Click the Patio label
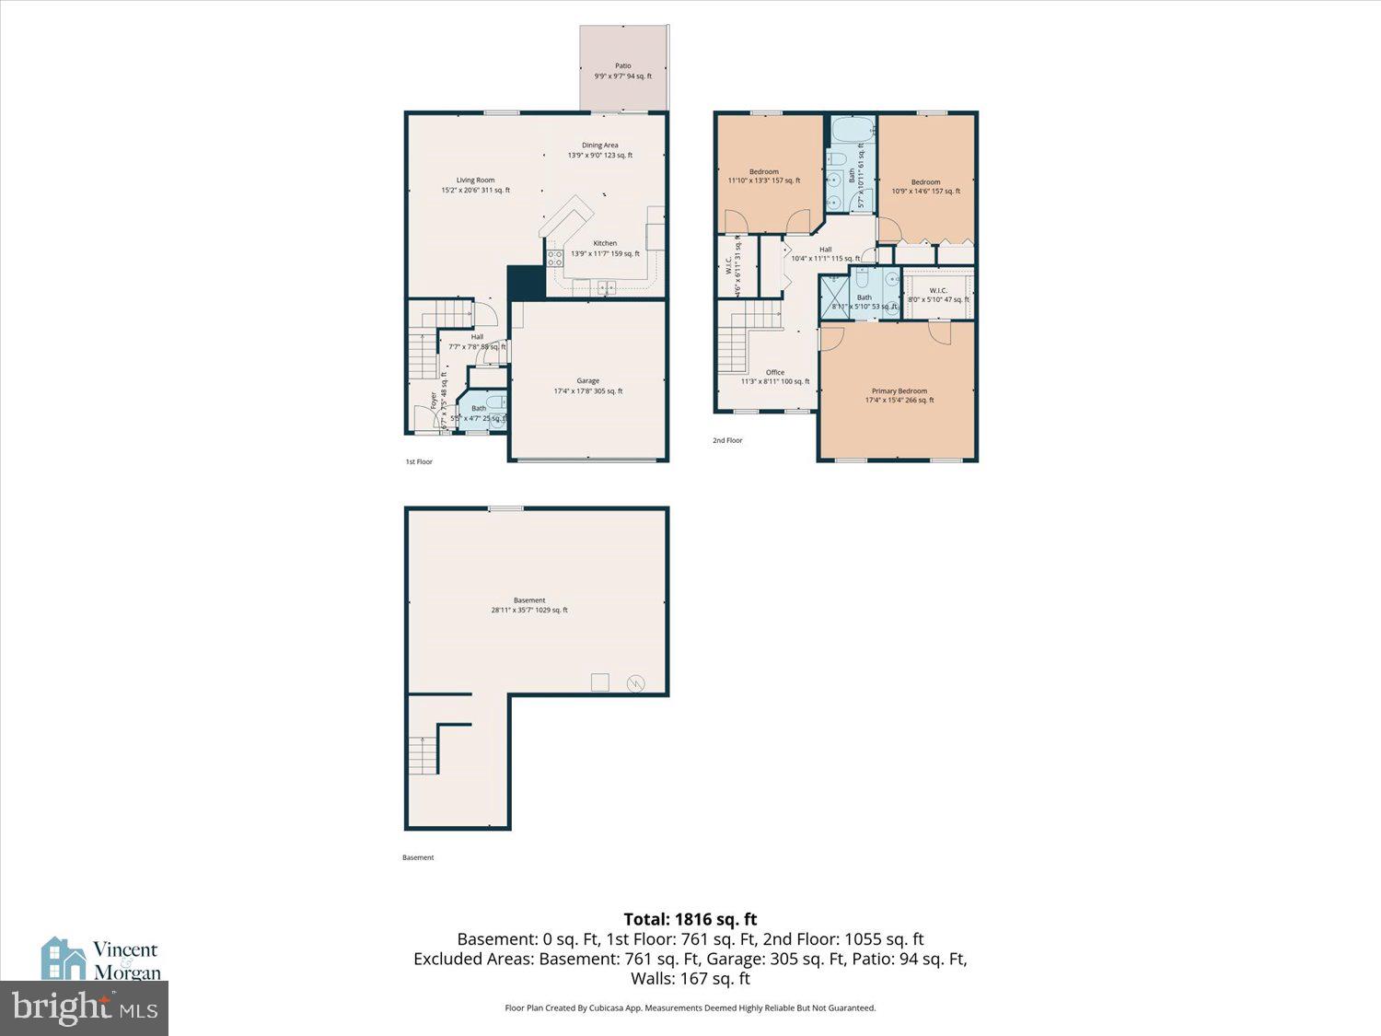pos(623,71)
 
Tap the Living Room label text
pos(475,185)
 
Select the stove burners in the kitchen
pos(555,259)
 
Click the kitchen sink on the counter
pos(606,287)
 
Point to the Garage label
pos(587,386)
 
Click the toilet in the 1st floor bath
pos(495,402)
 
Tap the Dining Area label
pos(599,150)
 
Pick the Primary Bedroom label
pos(899,395)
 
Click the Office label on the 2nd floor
pos(775,377)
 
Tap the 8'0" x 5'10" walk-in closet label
pos(938,295)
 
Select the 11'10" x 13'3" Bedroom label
pos(763,176)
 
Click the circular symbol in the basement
pos(635,683)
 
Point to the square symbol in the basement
pos(599,682)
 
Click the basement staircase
pos(423,755)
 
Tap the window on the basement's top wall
pos(505,508)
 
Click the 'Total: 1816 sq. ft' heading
pos(690,919)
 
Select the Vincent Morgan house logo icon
pos(64,959)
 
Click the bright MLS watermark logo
pos(84,1008)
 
